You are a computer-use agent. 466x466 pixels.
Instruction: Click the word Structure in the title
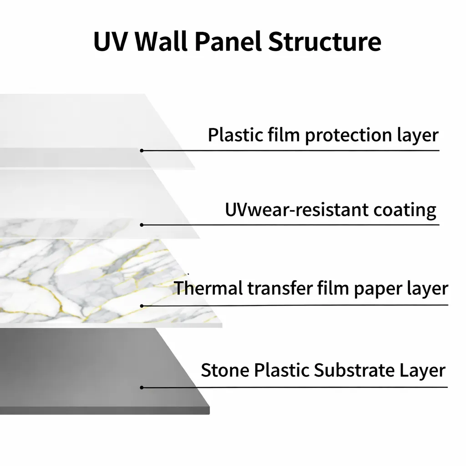[x=324, y=41]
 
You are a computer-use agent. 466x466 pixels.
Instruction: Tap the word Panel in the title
[x=228, y=41]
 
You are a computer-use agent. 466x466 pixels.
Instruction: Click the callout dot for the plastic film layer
[x=142, y=150]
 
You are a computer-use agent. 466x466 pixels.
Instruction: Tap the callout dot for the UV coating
[x=142, y=225]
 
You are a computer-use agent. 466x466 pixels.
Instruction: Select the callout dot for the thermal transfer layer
[x=142, y=306]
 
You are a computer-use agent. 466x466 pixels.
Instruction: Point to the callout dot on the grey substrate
[x=142, y=388]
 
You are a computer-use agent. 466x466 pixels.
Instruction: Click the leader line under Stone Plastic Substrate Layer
[x=319, y=388]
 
